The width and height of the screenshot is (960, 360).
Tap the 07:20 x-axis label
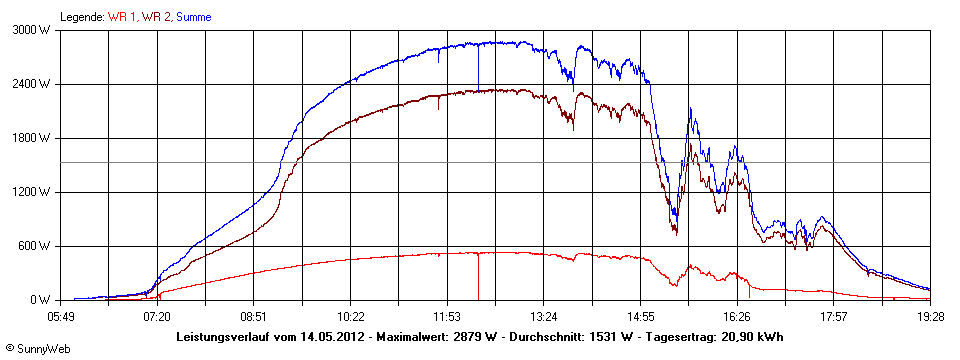click(157, 316)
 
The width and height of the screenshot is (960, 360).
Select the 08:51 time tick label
click(254, 316)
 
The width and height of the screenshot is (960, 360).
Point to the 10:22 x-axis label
click(350, 316)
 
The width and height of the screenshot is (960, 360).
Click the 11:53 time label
click(447, 316)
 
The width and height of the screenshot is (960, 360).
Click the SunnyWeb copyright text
click(34, 349)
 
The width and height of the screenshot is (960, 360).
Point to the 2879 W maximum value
click(471, 336)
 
